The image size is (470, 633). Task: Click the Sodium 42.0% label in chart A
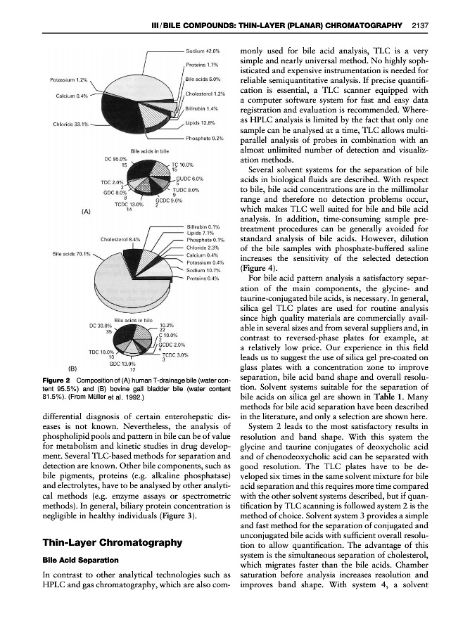point(204,51)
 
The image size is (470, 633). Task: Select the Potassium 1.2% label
point(68,79)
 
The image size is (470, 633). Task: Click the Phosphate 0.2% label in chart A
point(205,139)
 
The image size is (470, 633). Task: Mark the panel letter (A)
point(69,210)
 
